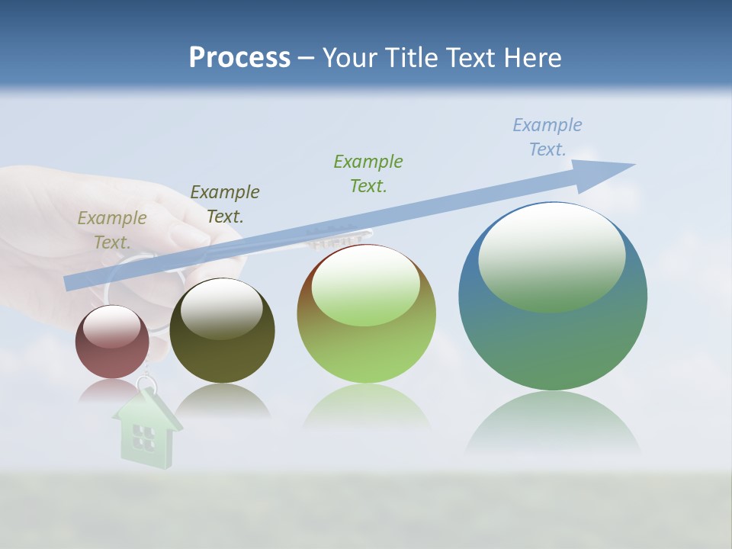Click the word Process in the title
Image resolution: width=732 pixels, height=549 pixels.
[239, 58]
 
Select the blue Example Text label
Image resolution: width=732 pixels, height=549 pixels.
[547, 137]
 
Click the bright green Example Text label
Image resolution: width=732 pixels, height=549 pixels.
[368, 173]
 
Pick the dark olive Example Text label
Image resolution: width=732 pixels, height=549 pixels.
[224, 204]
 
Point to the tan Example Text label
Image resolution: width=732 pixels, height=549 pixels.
[111, 230]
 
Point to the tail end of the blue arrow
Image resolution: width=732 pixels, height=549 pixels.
[70, 283]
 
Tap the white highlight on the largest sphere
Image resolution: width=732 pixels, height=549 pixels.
[551, 255]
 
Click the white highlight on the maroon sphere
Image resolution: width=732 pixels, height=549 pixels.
[111, 326]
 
